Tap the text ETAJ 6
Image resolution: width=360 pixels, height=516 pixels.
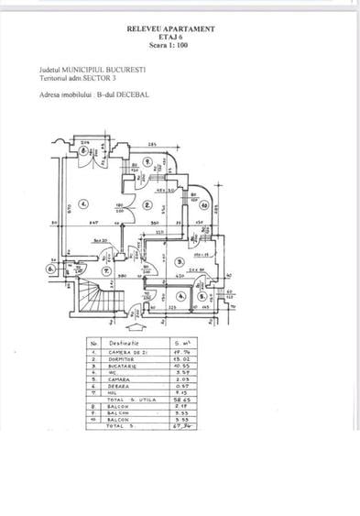click(171, 38)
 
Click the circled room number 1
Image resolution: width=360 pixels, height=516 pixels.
click(83, 203)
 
